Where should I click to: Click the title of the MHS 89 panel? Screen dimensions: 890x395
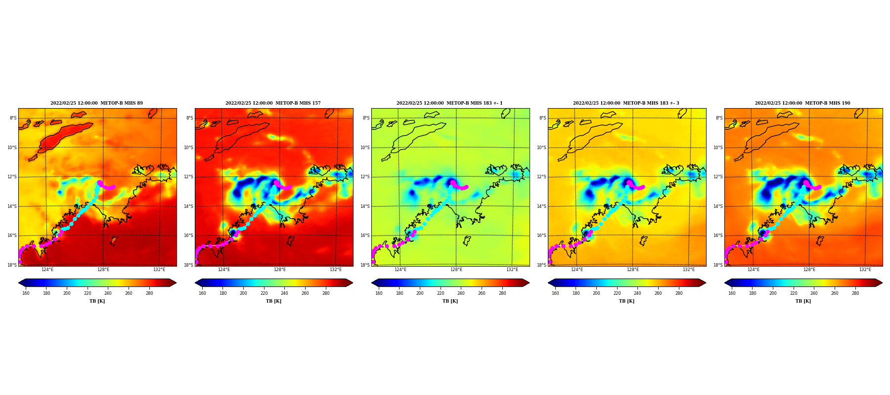click(96, 103)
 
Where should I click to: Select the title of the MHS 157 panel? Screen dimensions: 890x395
click(273, 103)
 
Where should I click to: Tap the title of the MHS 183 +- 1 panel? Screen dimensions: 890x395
click(449, 103)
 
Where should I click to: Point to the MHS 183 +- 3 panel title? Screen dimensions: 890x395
click(626, 103)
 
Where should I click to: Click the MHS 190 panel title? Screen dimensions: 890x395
click(802, 103)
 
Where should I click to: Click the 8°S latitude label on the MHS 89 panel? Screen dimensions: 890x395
click(13, 118)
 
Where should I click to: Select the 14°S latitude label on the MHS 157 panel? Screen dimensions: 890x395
click(188, 206)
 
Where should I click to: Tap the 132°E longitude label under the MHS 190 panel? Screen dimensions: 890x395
click(865, 270)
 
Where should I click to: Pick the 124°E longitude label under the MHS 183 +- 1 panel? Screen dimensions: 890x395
click(400, 270)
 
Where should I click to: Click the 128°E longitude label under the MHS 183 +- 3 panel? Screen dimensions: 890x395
click(633, 270)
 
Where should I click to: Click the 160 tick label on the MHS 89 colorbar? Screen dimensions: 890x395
click(26, 293)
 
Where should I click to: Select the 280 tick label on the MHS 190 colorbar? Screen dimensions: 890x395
click(855, 293)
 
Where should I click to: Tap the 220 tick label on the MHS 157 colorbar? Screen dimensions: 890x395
click(264, 293)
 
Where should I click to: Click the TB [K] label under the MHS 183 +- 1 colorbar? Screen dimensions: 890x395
click(450, 301)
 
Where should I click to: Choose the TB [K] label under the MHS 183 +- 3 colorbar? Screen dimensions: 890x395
click(626, 301)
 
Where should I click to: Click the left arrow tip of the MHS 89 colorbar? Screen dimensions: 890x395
click(19, 283)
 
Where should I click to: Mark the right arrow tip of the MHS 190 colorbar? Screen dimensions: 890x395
click(882, 283)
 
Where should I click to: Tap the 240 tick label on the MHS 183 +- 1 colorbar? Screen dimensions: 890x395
click(461, 293)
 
